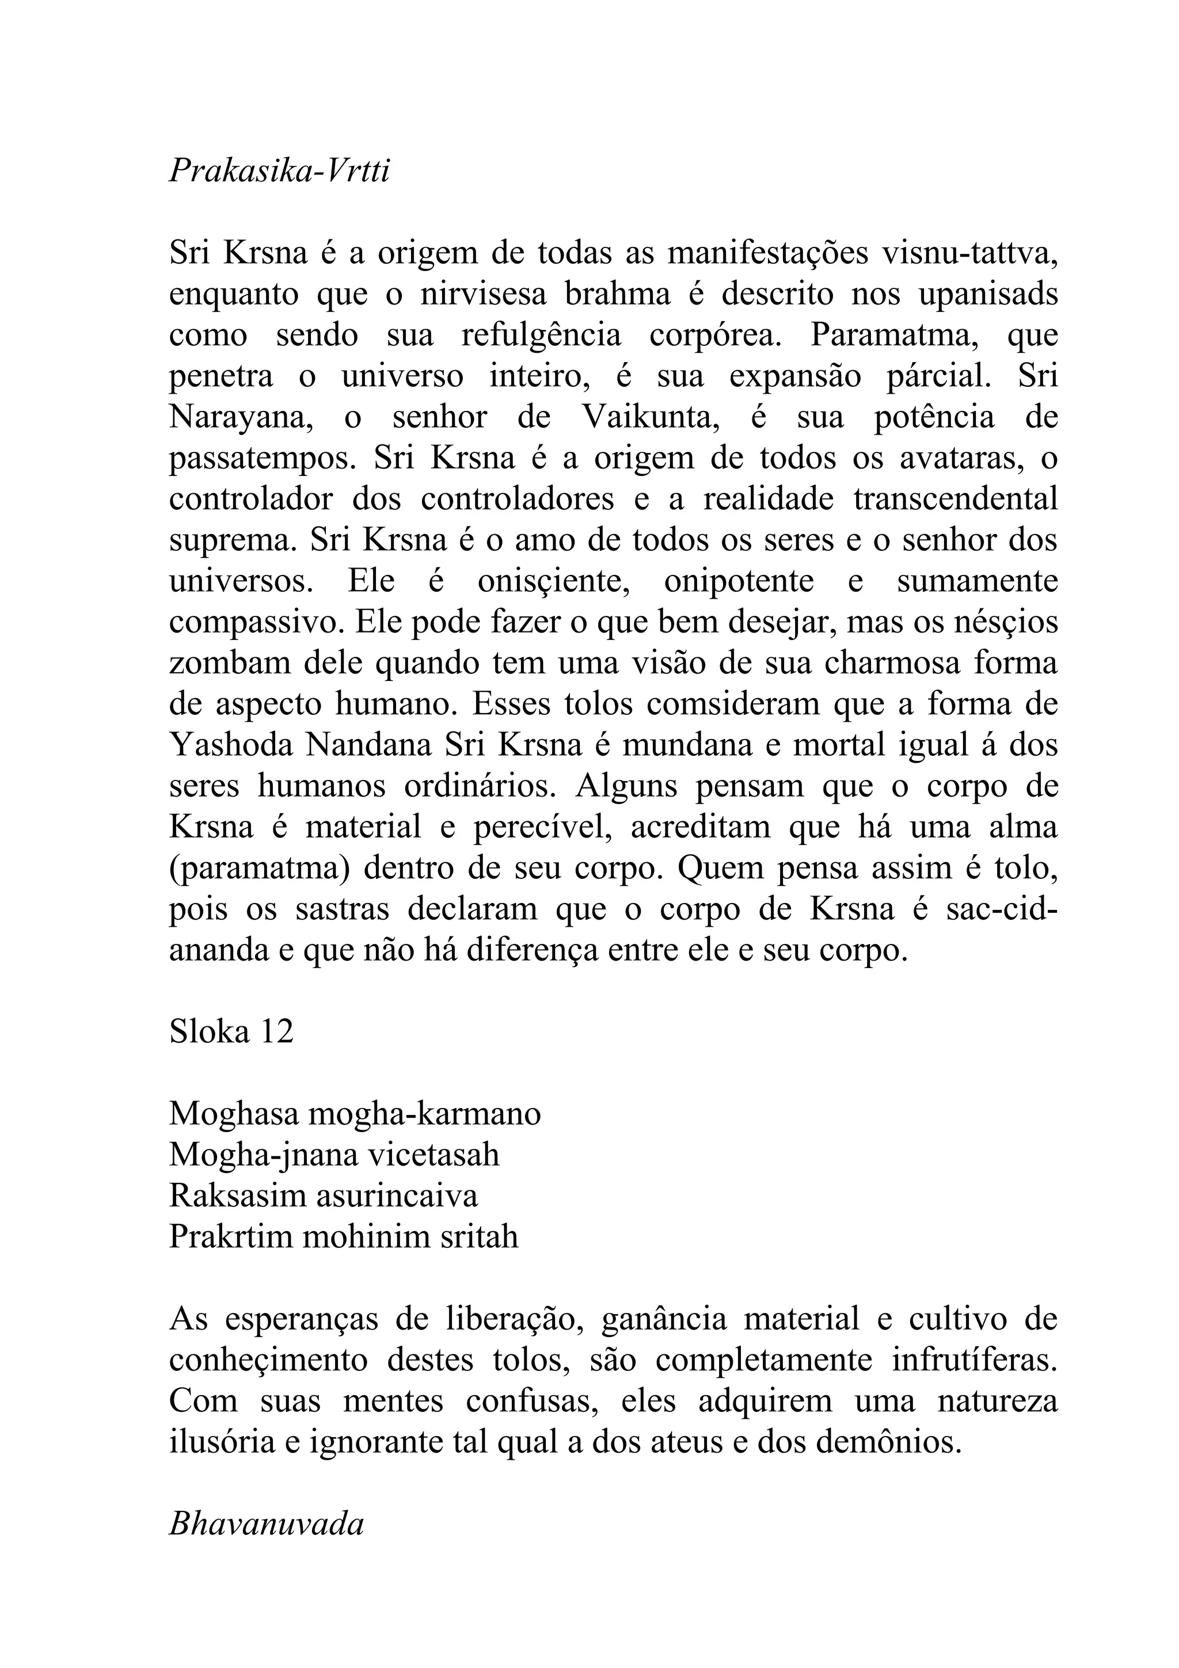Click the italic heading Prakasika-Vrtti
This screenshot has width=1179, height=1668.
(x=279, y=172)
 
